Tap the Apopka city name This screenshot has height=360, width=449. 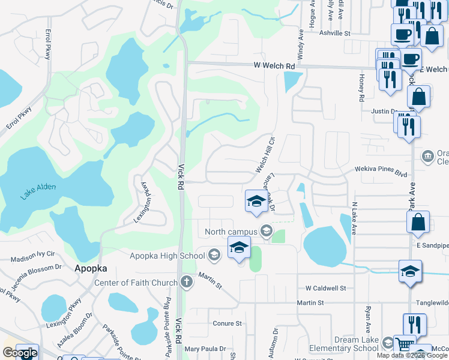tap(91, 269)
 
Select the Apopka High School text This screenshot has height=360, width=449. tap(167, 256)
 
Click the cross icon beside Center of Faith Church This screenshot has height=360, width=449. tap(187, 282)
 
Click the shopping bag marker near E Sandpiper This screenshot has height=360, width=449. tap(418, 222)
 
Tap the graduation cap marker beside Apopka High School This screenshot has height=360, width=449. tap(238, 247)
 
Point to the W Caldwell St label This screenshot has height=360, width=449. tap(325, 289)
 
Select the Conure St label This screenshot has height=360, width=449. tap(227, 323)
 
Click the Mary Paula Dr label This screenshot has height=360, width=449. tap(205, 349)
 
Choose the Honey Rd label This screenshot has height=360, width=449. tap(361, 88)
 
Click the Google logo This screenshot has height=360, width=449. tap(20, 353)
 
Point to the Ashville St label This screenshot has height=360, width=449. tap(334, 34)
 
